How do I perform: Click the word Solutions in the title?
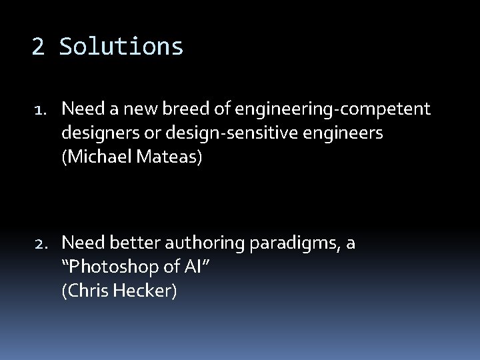121,47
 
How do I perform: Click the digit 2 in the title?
39,47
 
